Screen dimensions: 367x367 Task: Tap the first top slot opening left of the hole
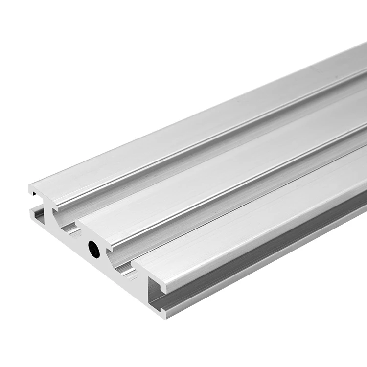[69, 227]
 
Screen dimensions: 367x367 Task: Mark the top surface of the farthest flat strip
[196, 127]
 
